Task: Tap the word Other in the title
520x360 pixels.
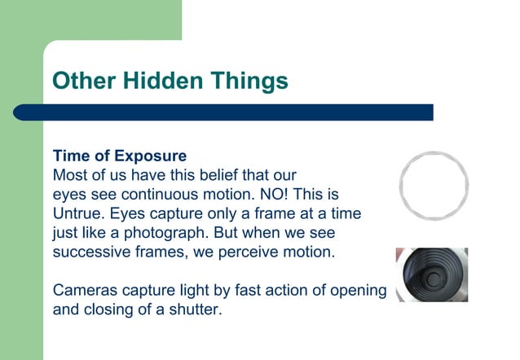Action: (84, 81)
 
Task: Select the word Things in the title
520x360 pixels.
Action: (246, 81)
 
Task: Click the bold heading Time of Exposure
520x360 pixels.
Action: (120, 156)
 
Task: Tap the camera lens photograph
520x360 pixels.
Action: (431, 274)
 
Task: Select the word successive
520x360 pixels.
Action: (89, 252)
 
